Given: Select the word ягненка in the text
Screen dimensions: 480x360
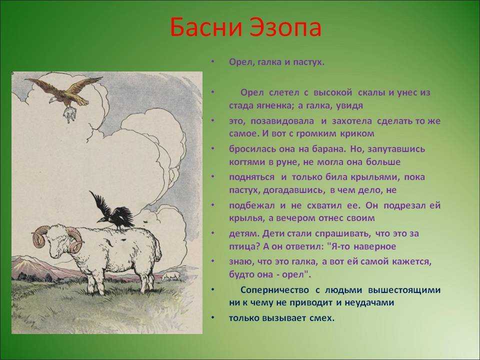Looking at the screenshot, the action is pyautogui.click(x=261, y=106).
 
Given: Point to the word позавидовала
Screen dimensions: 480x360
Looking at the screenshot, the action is pyautogui.click(x=282, y=121).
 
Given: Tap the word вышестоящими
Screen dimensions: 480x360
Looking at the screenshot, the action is pyautogui.click(x=404, y=290).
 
